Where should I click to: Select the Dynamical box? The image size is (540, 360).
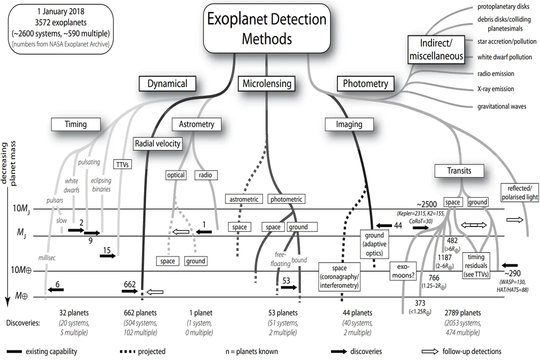(x=167, y=83)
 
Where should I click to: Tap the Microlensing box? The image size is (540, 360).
(x=266, y=83)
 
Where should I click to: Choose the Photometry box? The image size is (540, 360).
(x=365, y=83)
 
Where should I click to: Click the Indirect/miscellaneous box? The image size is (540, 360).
(x=436, y=49)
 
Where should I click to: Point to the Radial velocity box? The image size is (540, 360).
(x=157, y=143)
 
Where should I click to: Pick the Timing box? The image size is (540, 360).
(x=75, y=124)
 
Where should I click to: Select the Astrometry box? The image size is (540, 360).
(x=196, y=124)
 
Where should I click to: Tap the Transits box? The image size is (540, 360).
(x=459, y=170)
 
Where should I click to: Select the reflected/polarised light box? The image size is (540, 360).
(x=519, y=192)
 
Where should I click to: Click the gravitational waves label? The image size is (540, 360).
(x=501, y=106)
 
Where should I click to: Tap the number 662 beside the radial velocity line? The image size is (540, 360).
(x=130, y=284)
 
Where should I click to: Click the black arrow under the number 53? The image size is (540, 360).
(x=289, y=288)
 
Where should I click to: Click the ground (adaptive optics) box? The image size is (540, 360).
(x=374, y=243)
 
